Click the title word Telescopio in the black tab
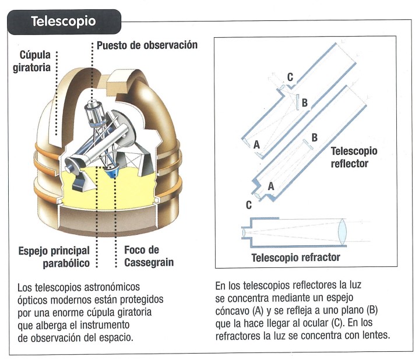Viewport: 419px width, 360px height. (63, 22)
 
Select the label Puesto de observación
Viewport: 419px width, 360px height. (147, 45)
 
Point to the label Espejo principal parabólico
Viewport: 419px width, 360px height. (54, 256)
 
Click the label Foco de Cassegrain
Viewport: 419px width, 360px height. (148, 256)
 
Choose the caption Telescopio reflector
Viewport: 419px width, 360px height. (354, 157)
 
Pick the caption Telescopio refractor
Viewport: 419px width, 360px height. (295, 257)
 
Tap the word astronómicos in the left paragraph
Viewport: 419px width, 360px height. (112, 287)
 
